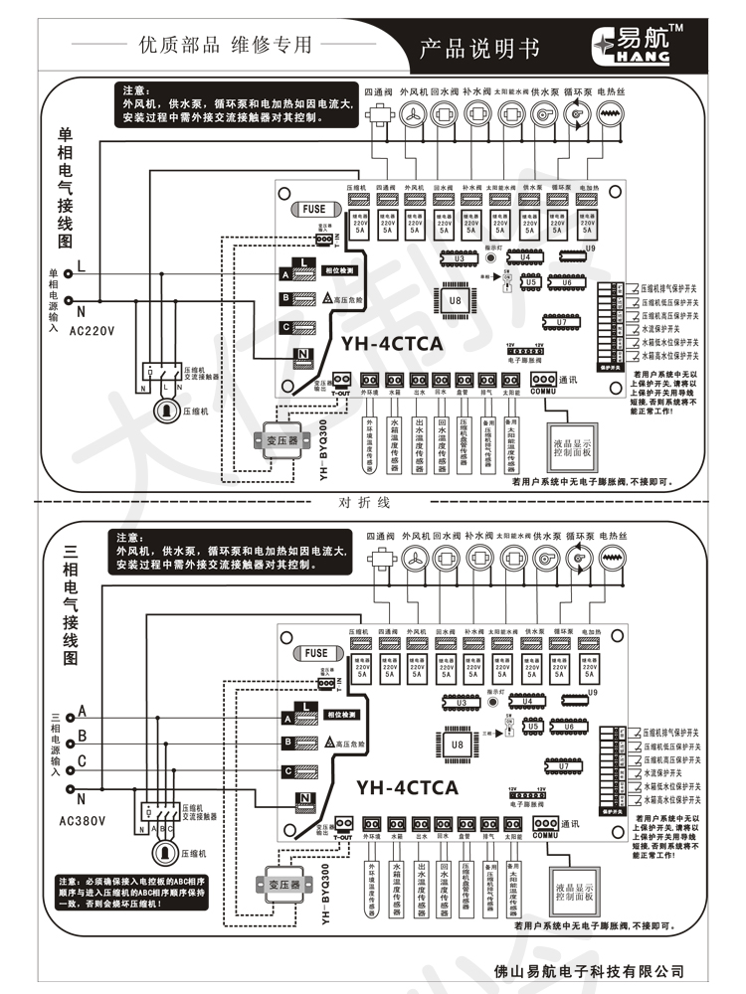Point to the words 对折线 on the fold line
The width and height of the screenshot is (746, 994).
pos(365,502)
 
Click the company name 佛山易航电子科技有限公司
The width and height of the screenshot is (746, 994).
pos(590,970)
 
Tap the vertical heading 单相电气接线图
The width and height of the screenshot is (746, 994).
pos(66,188)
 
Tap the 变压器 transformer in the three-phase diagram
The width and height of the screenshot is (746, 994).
pos(288,882)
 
